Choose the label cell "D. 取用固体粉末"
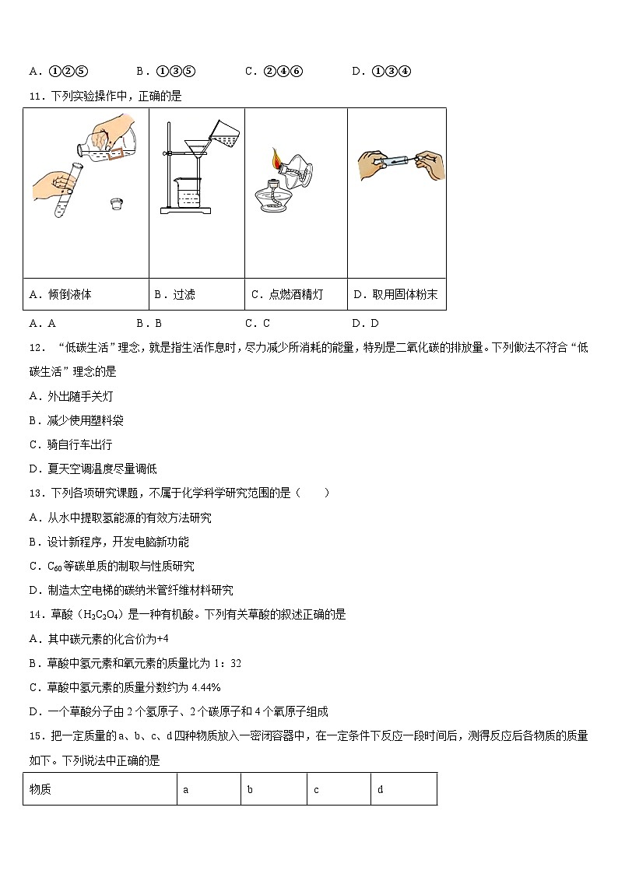pyautogui.click(x=396, y=294)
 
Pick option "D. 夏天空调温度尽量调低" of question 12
pyautogui.click(x=93, y=469)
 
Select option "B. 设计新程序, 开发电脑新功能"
pyautogui.click(x=108, y=542)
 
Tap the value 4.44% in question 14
pyautogui.click(x=205, y=687)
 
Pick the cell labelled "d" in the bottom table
pyautogui.click(x=403, y=789)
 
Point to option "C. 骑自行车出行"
pyautogui.click(x=70, y=444)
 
